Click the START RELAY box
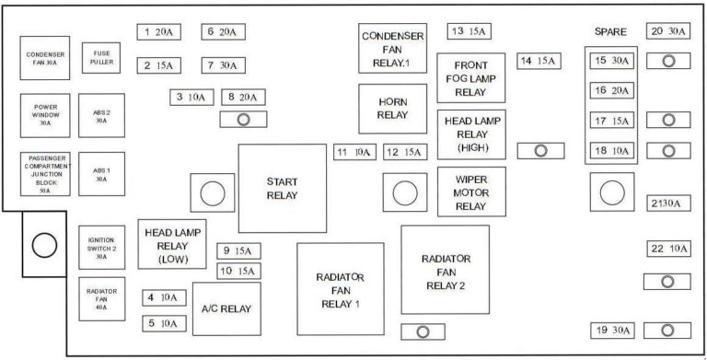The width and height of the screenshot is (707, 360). click(283, 188)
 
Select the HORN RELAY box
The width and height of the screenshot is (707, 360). click(392, 108)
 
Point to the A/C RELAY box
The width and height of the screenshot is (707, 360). click(226, 310)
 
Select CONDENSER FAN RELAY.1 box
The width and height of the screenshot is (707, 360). click(392, 48)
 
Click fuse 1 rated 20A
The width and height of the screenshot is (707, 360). click(159, 32)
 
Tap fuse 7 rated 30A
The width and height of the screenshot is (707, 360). click(222, 65)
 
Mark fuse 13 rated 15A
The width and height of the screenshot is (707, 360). click(469, 31)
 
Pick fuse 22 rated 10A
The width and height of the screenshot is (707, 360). click(669, 249)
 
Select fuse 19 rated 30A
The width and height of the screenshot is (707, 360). click(611, 330)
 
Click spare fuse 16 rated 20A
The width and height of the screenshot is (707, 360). click(611, 90)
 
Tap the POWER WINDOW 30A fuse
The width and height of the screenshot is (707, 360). click(45, 114)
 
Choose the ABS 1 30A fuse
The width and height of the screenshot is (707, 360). click(101, 174)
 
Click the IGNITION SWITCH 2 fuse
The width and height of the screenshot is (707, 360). click(101, 246)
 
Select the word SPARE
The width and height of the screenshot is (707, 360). click(610, 31)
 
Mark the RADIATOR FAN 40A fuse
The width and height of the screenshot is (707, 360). click(101, 298)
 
